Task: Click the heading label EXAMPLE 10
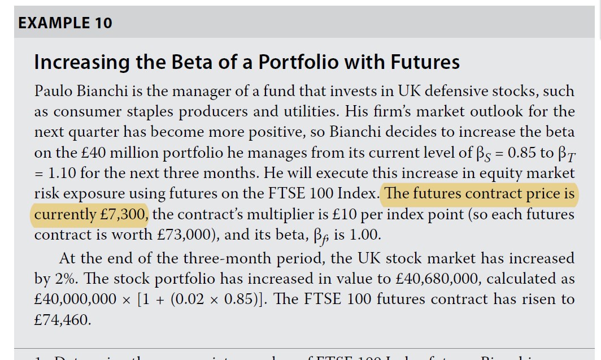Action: coord(65,23)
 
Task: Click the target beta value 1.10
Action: coord(63,173)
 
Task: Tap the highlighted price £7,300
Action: coord(125,214)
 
